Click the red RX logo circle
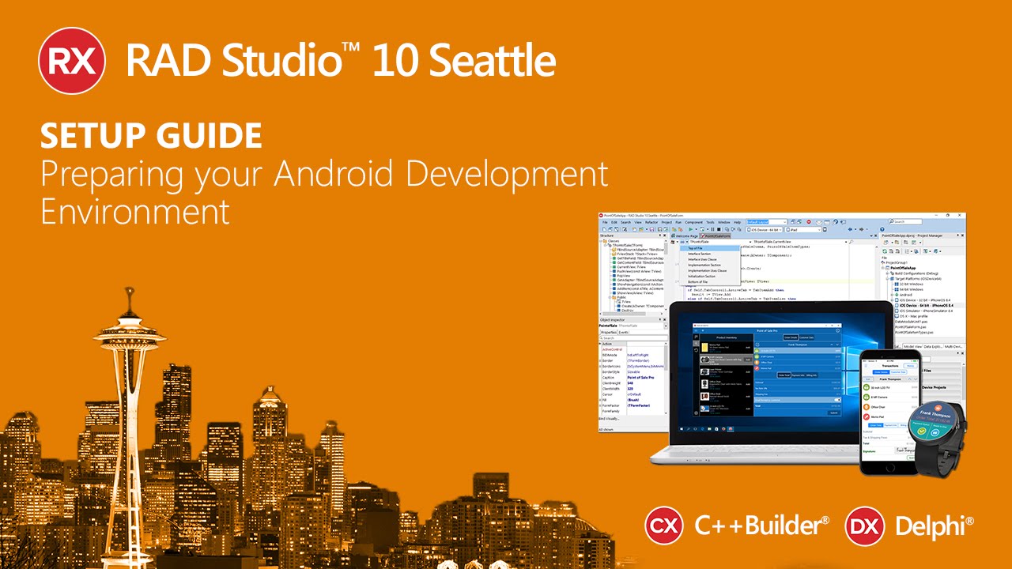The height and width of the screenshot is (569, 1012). coord(72,60)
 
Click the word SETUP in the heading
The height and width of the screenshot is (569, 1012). coord(86,137)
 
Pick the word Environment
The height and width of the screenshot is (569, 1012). coord(135,212)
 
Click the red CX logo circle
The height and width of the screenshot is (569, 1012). coord(664,526)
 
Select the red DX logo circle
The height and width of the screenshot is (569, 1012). coord(864,526)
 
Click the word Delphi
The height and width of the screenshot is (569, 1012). coord(933,526)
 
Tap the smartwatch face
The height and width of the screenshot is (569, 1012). coord(935,428)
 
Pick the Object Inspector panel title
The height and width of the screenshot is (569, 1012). coord(613,319)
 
